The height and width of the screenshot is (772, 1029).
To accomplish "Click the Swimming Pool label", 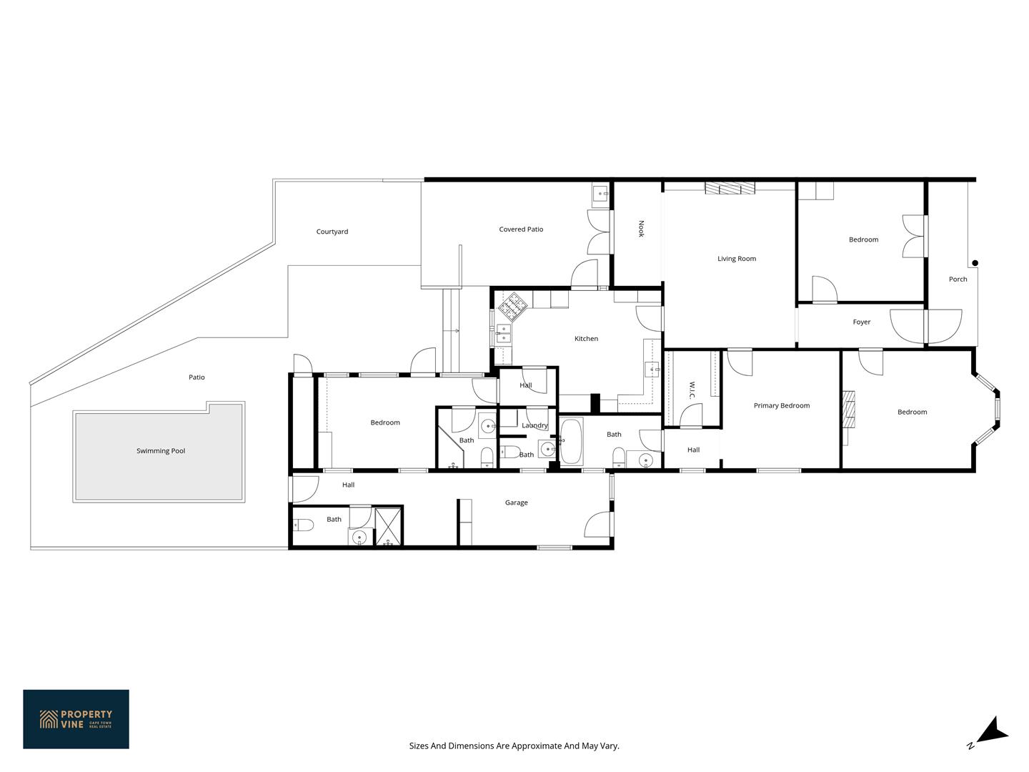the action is point(160,451).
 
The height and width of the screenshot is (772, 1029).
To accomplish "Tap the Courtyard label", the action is point(332,232).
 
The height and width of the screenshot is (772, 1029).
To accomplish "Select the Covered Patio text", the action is point(521,229).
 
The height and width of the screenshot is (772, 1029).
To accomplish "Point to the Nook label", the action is point(641,229).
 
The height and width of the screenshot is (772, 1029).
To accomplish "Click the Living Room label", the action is point(737,259).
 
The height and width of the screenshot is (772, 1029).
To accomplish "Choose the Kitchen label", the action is point(586,338).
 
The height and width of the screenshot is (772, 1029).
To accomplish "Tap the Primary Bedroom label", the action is point(782,405).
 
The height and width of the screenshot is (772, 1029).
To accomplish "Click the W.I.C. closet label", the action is point(692,390).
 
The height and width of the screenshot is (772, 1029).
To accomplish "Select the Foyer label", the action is point(861,322).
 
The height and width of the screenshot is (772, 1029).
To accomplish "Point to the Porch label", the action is point(958,279).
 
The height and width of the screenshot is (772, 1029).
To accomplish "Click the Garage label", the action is point(516,503).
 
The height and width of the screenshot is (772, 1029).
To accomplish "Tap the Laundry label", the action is point(535,425).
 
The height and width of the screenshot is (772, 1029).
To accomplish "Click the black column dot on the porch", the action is point(975,263).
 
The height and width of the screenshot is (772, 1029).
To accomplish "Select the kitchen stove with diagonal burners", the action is point(513,307).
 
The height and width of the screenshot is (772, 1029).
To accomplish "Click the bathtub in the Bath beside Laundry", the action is point(571,441).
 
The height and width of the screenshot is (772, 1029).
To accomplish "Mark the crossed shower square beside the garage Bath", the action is point(388,526).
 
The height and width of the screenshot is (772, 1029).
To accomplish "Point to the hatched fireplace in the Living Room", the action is point(730,189).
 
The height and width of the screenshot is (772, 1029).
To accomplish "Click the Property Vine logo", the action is point(76,719).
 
